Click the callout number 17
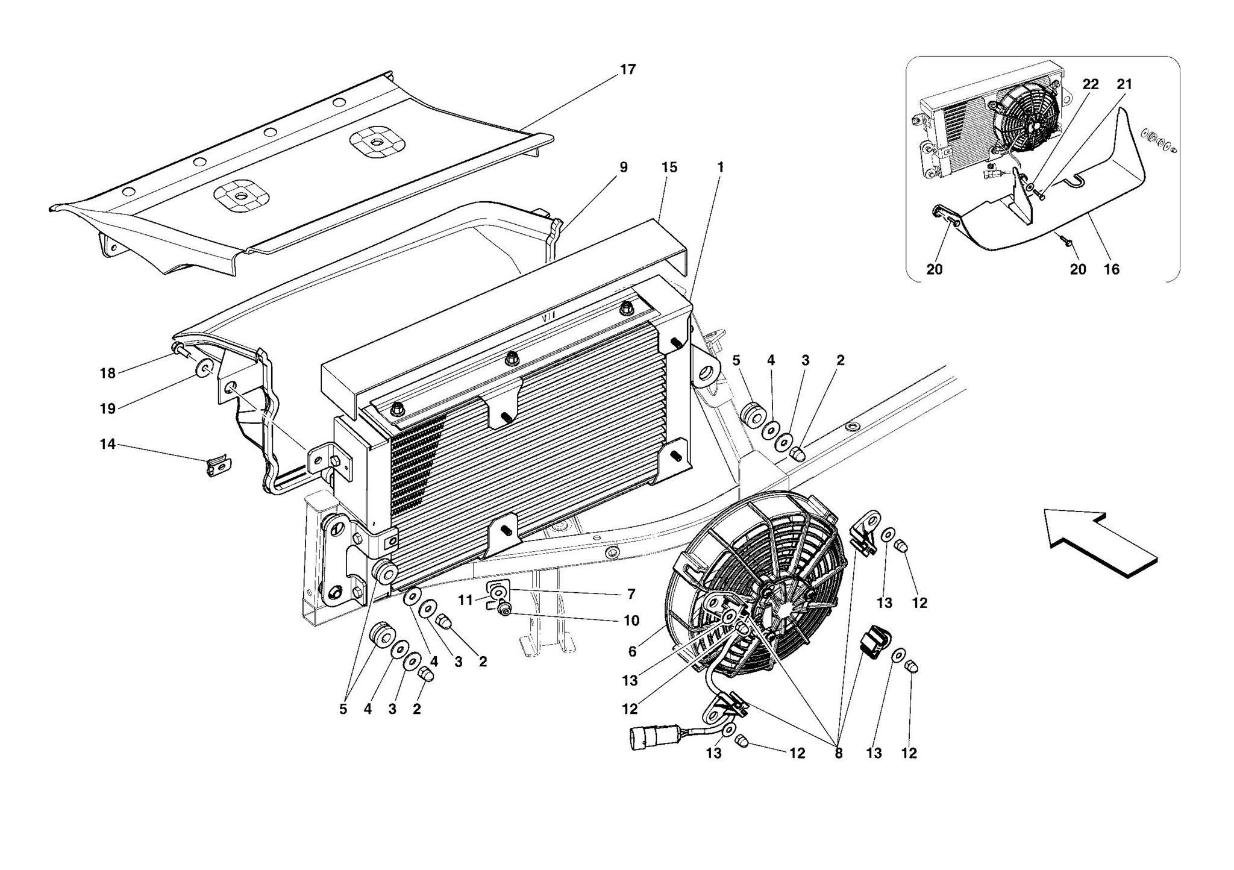pyautogui.click(x=627, y=70)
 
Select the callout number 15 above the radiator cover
pyautogui.click(x=669, y=167)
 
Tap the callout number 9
pyautogui.click(x=623, y=167)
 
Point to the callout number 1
pyautogui.click(x=720, y=167)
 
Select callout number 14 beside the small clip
pyautogui.click(x=107, y=445)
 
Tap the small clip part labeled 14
pyautogui.click(x=219, y=466)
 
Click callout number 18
pyautogui.click(x=107, y=374)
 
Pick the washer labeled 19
pyautogui.click(x=204, y=368)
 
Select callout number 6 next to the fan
pyautogui.click(x=632, y=651)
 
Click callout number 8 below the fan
pyautogui.click(x=838, y=753)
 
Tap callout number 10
pyautogui.click(x=631, y=621)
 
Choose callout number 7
pyautogui.click(x=631, y=595)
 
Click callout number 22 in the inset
pyautogui.click(x=1090, y=84)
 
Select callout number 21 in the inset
pyautogui.click(x=1124, y=84)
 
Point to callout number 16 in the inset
pyautogui.click(x=1111, y=269)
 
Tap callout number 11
pyautogui.click(x=465, y=600)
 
